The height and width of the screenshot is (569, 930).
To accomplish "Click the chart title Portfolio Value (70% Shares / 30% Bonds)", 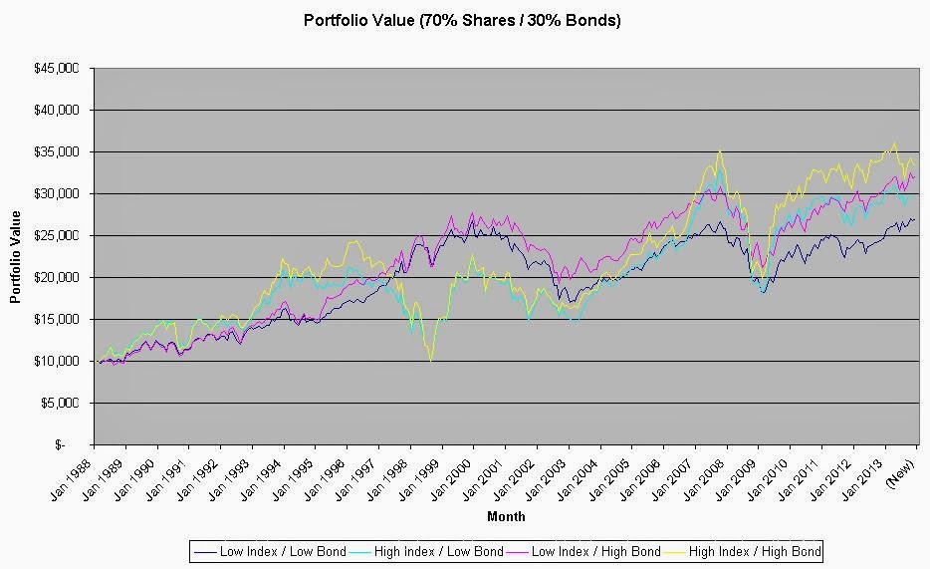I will point(462,20).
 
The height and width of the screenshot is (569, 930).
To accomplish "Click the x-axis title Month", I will point(506,516).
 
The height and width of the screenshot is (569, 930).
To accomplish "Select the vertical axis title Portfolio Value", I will point(15,256).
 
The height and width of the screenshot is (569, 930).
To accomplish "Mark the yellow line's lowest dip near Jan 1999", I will point(431,361).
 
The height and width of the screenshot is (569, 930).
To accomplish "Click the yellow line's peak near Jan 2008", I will point(719,151).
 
